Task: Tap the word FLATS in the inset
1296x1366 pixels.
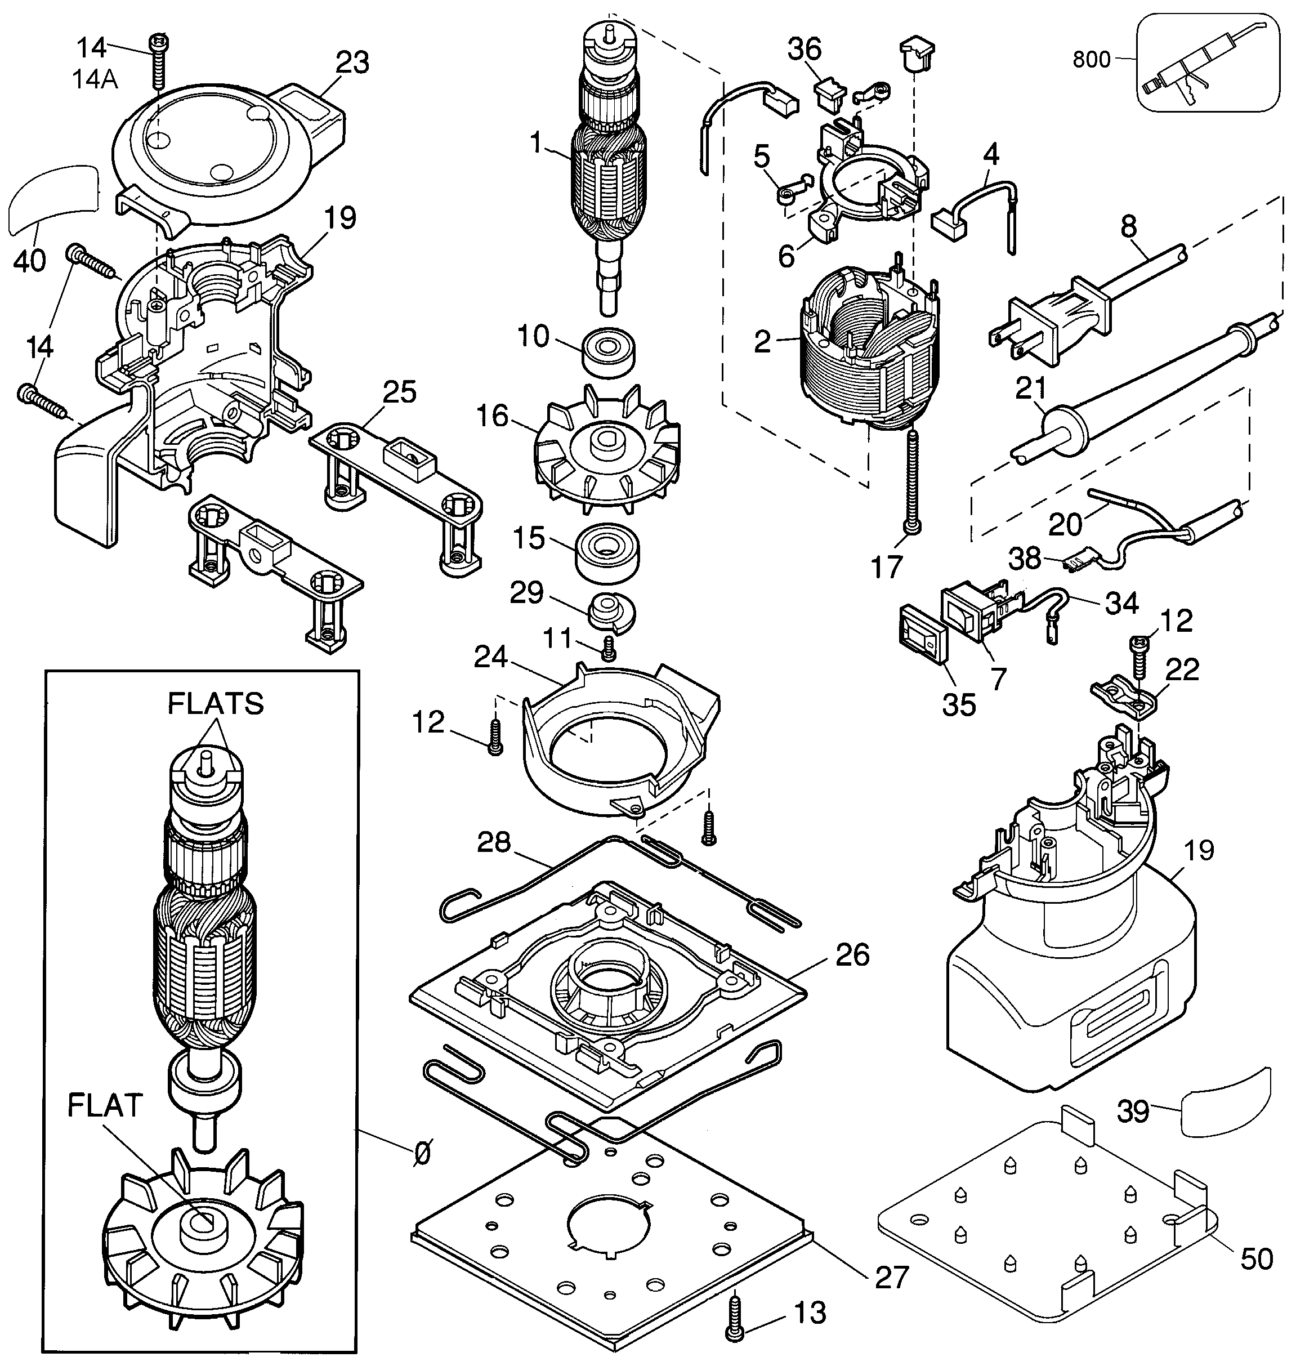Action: coord(216,703)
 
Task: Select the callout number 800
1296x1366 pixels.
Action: coord(1092,60)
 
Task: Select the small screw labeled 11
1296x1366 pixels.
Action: coord(609,649)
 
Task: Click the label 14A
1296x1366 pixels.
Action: coord(95,79)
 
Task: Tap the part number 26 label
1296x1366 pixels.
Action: coord(852,955)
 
